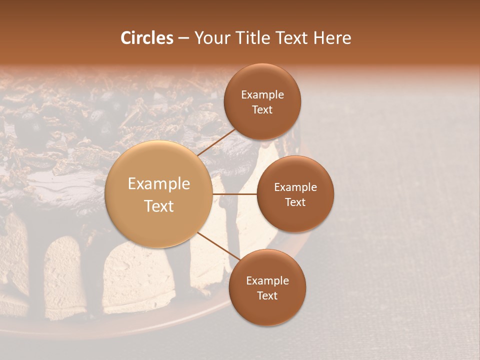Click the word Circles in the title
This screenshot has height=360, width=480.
point(147,38)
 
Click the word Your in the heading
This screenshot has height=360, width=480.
point(212,38)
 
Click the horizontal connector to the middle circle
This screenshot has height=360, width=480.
point(234,194)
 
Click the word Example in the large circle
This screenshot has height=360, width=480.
point(159,184)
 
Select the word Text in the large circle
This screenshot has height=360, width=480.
point(159,206)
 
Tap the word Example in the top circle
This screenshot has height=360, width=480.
point(262,95)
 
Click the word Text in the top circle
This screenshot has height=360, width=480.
point(262,109)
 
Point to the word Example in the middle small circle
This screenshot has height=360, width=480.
point(295,187)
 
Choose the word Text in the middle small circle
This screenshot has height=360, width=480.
point(295,202)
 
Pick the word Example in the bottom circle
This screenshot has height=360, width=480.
point(267,281)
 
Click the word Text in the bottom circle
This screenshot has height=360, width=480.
point(267,295)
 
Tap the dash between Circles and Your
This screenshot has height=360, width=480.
point(183,38)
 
